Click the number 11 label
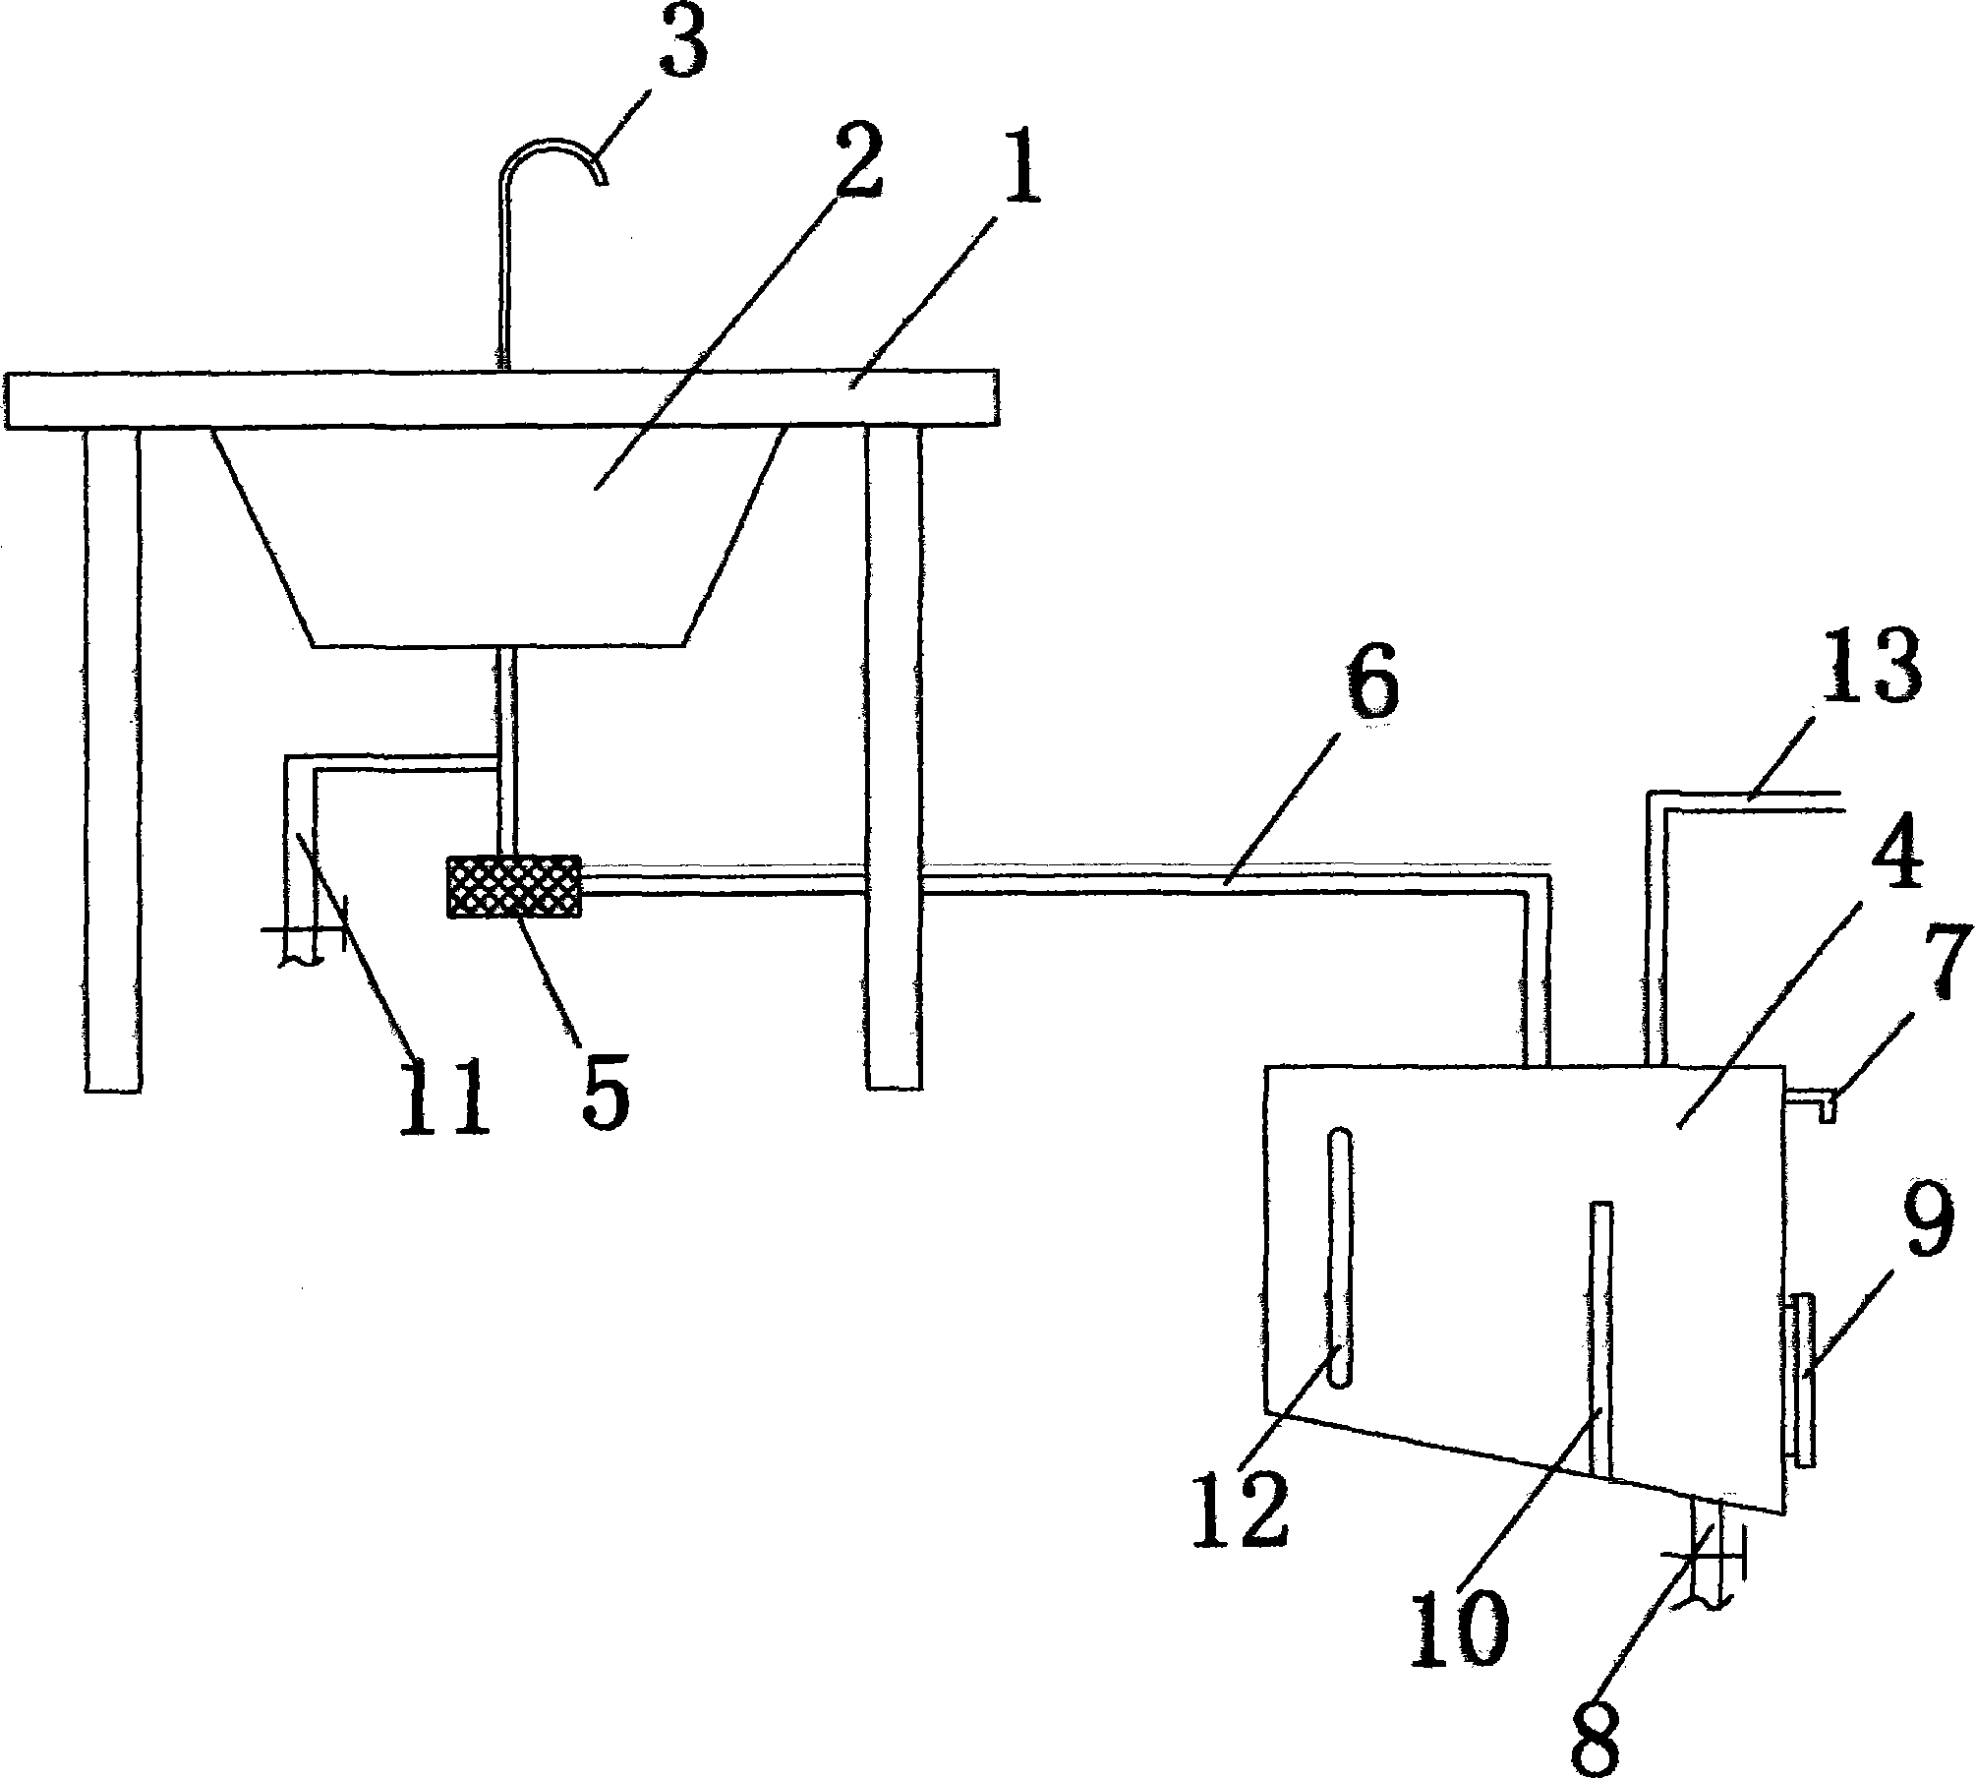(x=443, y=1096)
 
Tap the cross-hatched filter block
(x=513, y=886)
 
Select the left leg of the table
(x=111, y=757)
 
